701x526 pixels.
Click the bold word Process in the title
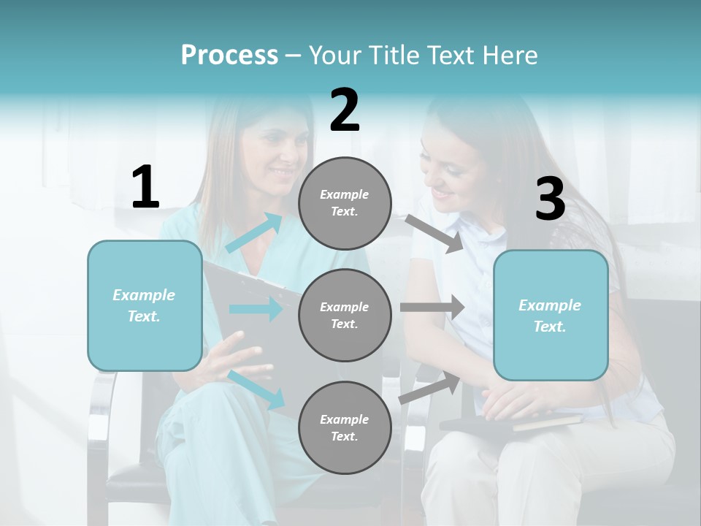229,55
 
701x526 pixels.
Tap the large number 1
145,188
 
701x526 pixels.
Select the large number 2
345,110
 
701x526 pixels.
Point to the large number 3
550,200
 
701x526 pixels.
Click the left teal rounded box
145,305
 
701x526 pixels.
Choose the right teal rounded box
551,316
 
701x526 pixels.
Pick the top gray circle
345,203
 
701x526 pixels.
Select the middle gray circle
345,315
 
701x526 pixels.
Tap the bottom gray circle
345,427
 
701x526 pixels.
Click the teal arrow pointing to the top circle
254,233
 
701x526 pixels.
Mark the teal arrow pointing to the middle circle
255,309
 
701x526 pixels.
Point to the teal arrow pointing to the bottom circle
256,389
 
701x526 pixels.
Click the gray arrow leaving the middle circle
432,308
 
